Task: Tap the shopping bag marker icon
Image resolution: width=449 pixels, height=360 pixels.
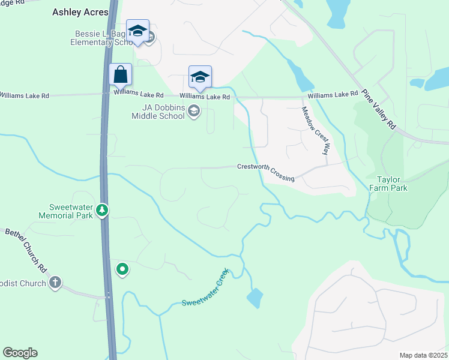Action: coord(121,75)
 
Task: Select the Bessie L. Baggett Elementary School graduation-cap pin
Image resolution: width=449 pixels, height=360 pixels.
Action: coord(137,31)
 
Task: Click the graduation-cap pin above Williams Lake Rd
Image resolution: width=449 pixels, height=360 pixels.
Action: coord(200,77)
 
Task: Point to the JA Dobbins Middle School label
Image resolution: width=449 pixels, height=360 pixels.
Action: coord(158,112)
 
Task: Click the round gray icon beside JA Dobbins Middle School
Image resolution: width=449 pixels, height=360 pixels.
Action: coord(194,111)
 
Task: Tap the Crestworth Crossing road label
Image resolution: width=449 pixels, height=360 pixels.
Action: coord(266,172)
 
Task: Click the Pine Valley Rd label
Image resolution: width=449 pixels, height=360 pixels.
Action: coord(381,109)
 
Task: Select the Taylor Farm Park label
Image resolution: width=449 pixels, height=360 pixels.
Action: coord(392,184)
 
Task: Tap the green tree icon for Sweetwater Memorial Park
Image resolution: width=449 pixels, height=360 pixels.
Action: coord(103,210)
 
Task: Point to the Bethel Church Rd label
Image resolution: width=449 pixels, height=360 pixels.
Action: coord(26,248)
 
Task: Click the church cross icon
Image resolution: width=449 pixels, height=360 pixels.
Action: coord(55,283)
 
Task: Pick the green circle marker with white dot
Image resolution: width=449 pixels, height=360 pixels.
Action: coord(122,269)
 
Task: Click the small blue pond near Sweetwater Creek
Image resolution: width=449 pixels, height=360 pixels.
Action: coord(255,298)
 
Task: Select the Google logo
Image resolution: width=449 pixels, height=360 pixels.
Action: coord(20,353)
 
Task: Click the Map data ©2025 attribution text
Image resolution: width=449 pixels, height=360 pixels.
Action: coord(423,355)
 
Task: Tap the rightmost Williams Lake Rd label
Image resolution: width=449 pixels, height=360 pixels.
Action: coord(333,95)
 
